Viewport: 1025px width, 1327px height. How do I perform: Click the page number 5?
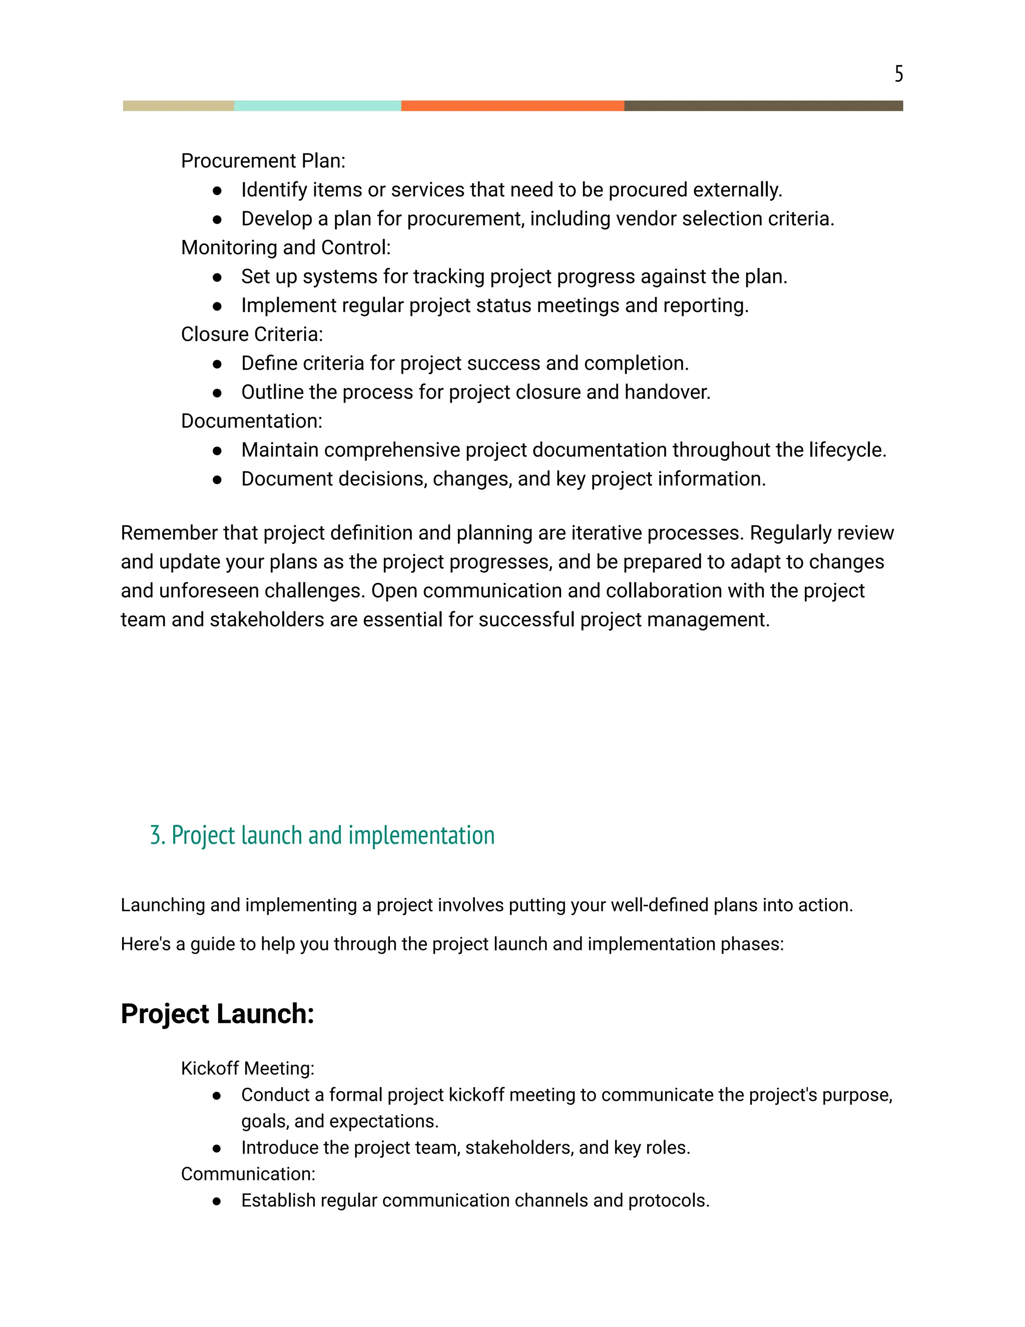[898, 74]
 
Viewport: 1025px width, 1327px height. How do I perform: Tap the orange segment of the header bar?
[512, 106]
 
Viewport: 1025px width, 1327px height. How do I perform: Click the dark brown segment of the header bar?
[763, 106]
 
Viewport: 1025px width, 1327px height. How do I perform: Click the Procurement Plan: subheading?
[263, 161]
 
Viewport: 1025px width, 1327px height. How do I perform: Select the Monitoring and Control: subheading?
[285, 248]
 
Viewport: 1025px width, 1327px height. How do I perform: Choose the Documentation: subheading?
[251, 421]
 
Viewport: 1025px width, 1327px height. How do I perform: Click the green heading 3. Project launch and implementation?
[322, 835]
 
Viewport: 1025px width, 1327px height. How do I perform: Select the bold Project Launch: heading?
[217, 1014]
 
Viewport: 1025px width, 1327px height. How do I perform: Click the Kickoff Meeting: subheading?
[247, 1068]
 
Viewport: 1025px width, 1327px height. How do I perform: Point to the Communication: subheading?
[248, 1174]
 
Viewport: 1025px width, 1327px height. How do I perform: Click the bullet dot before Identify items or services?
[217, 191]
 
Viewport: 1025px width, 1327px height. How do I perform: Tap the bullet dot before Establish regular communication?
[217, 1201]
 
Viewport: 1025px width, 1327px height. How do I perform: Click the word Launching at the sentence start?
[162, 905]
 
